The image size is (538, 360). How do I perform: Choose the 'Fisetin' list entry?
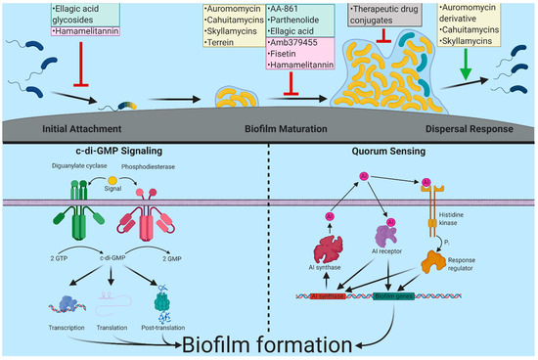(x=284, y=55)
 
